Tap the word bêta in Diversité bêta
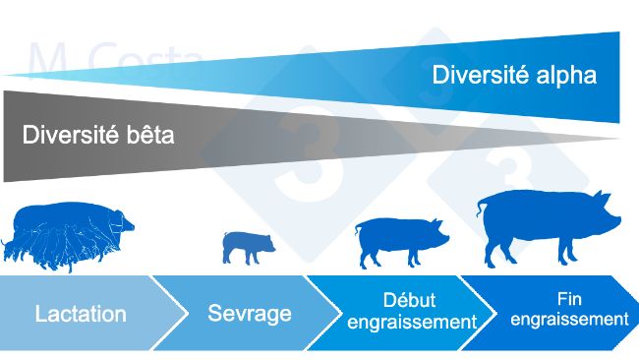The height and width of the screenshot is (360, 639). pos(145,135)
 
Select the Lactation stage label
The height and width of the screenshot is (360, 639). pos(81,315)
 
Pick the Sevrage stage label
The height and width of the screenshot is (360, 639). pos(250,314)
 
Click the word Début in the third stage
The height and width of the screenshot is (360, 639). pos(407,300)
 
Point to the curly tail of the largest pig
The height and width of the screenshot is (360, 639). pos(481,206)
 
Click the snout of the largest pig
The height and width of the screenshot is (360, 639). pos(617,214)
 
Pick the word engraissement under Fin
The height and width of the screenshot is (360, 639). pos(569,320)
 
